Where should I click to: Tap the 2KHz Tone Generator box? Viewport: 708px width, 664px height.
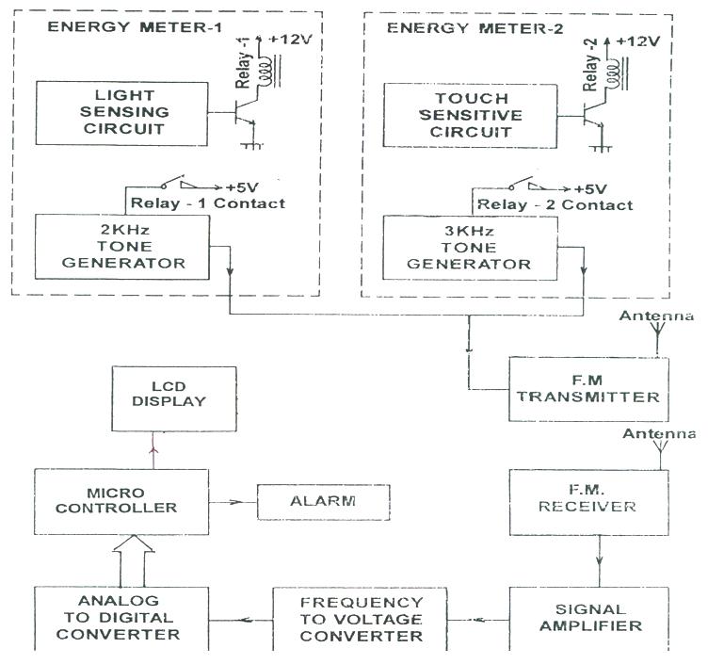[x=121, y=246]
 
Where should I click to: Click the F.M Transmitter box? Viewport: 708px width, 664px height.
[x=587, y=388]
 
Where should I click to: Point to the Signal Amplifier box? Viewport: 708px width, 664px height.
[x=587, y=617]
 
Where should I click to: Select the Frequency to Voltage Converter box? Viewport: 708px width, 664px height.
[x=362, y=618]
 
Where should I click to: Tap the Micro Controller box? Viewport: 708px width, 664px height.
[x=121, y=501]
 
